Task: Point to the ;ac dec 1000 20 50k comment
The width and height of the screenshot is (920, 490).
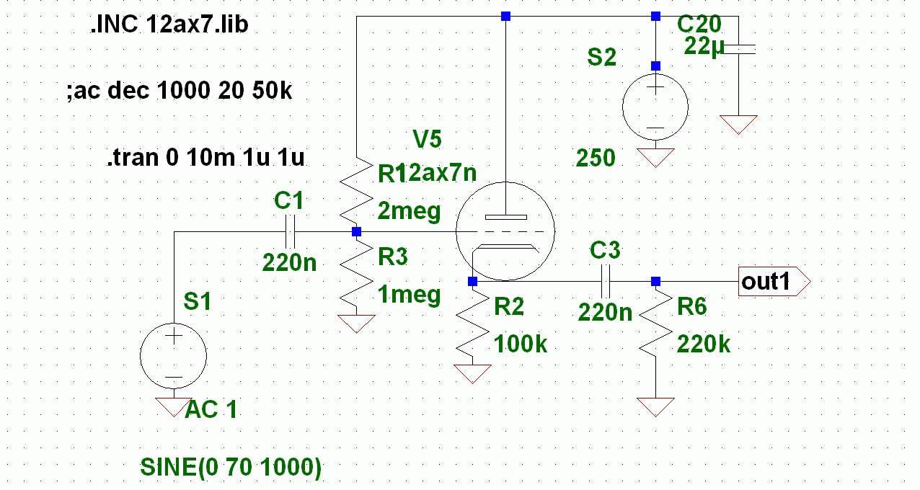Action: [x=179, y=92]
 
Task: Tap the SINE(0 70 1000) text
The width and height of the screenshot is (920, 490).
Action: [x=231, y=468]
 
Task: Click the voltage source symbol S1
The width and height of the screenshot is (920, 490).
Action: [x=173, y=355]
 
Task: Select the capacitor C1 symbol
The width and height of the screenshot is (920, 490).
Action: [x=289, y=232]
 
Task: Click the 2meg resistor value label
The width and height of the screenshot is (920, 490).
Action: [x=409, y=212]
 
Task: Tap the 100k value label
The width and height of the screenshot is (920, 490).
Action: [x=521, y=344]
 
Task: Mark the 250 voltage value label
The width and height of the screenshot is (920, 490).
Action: [x=596, y=159]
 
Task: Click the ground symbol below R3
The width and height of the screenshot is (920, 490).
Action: [x=356, y=324]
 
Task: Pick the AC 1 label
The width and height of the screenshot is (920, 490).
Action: [x=211, y=410]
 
